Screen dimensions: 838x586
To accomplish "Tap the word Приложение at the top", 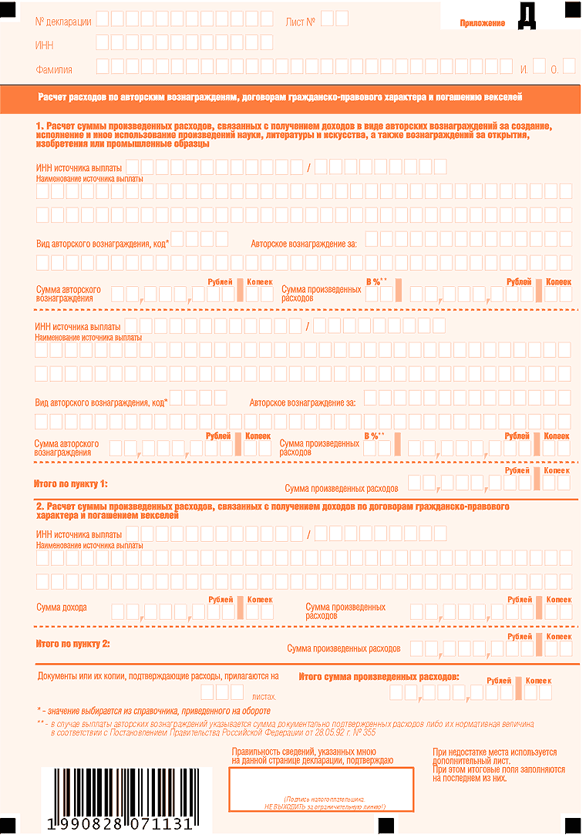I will (x=482, y=23).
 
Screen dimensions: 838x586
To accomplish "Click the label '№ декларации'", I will (x=63, y=22).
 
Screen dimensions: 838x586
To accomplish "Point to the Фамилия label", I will (x=54, y=69).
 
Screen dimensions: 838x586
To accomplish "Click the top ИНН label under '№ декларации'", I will (x=45, y=45).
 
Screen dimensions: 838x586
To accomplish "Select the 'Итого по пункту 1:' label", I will (x=71, y=484).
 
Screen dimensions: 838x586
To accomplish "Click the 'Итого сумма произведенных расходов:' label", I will (x=379, y=676).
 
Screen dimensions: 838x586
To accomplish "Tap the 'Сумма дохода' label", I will (x=62, y=607).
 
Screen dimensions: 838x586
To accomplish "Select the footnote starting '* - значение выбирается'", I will (x=153, y=710).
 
